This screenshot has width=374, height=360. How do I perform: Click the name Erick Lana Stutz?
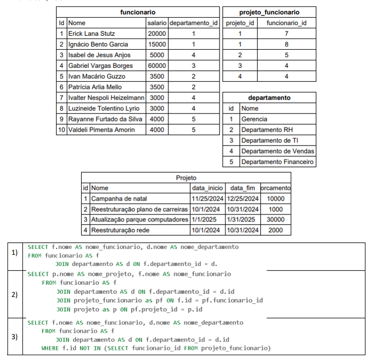(91, 34)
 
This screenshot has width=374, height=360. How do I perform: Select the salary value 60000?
(157, 66)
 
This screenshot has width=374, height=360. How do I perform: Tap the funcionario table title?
(138, 12)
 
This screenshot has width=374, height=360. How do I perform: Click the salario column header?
(157, 23)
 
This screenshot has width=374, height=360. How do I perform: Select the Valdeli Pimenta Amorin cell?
(101, 130)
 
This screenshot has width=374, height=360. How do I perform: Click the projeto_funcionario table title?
(269, 12)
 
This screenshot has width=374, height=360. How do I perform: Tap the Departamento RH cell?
(267, 130)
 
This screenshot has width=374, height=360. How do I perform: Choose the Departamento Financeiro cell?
(277, 162)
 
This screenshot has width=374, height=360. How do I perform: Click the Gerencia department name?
(254, 119)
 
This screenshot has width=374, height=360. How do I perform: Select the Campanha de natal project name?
(119, 198)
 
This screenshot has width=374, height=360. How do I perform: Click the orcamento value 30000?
(275, 219)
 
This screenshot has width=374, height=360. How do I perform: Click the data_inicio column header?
(207, 188)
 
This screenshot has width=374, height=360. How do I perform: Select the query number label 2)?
(15, 295)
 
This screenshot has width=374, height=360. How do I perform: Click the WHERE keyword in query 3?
(51, 348)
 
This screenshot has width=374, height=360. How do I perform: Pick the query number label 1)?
(15, 253)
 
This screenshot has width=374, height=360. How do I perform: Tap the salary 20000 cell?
(157, 34)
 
